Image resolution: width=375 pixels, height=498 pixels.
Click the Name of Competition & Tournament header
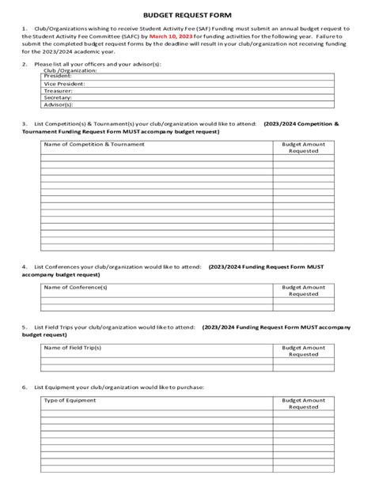pos(94,145)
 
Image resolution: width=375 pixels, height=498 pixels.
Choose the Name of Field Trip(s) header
pos(73,347)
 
